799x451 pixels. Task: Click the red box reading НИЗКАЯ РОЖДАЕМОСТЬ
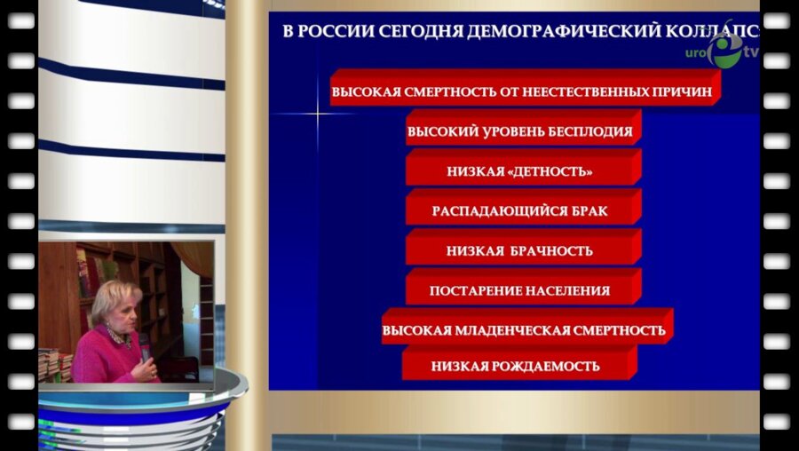coord(516,366)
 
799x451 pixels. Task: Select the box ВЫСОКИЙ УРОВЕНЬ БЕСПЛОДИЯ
coord(520,132)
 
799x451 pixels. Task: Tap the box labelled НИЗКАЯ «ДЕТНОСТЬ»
coord(520,171)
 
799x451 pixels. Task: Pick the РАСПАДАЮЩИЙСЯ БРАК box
coord(520,211)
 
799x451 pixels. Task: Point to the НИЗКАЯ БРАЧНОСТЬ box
coord(520,251)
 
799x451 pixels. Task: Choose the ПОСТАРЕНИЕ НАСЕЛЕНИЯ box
coord(520,290)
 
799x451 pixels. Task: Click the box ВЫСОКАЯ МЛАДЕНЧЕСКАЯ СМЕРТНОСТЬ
coord(524,330)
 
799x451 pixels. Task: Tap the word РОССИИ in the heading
coord(334,32)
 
